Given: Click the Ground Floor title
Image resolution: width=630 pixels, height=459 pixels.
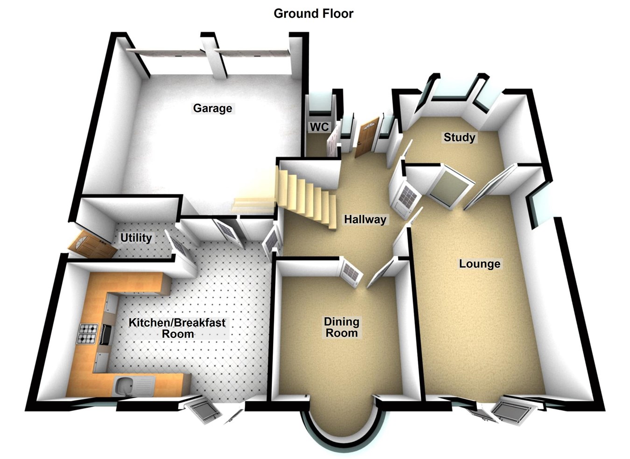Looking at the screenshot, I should [313, 14].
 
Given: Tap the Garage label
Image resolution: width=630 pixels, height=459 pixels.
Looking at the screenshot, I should [212, 108].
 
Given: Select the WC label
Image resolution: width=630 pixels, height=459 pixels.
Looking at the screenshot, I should [319, 127].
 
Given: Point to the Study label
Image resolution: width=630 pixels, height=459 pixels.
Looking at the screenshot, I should [459, 137].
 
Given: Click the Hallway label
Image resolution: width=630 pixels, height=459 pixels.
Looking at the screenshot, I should [365, 219].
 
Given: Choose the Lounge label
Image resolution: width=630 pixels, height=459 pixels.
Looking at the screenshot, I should [479, 264].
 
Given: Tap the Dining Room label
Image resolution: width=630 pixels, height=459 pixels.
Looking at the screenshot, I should [342, 327].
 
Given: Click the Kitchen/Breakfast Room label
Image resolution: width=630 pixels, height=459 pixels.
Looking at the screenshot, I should [177, 328].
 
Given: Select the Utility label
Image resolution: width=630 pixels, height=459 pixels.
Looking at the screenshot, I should [136, 238].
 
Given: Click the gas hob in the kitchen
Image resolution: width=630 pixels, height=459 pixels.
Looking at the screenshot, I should [88, 333].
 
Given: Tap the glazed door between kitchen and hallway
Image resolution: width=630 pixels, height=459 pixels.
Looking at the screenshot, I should [272, 241].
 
